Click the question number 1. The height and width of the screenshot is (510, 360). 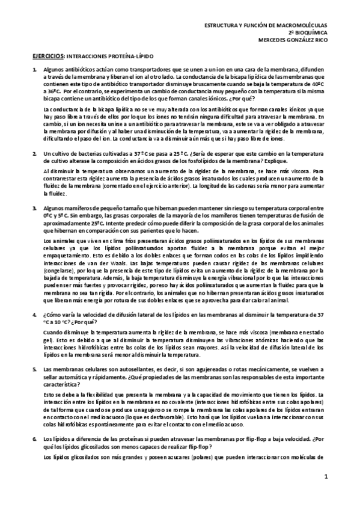point(34,70)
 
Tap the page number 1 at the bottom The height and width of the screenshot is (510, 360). point(325,478)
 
